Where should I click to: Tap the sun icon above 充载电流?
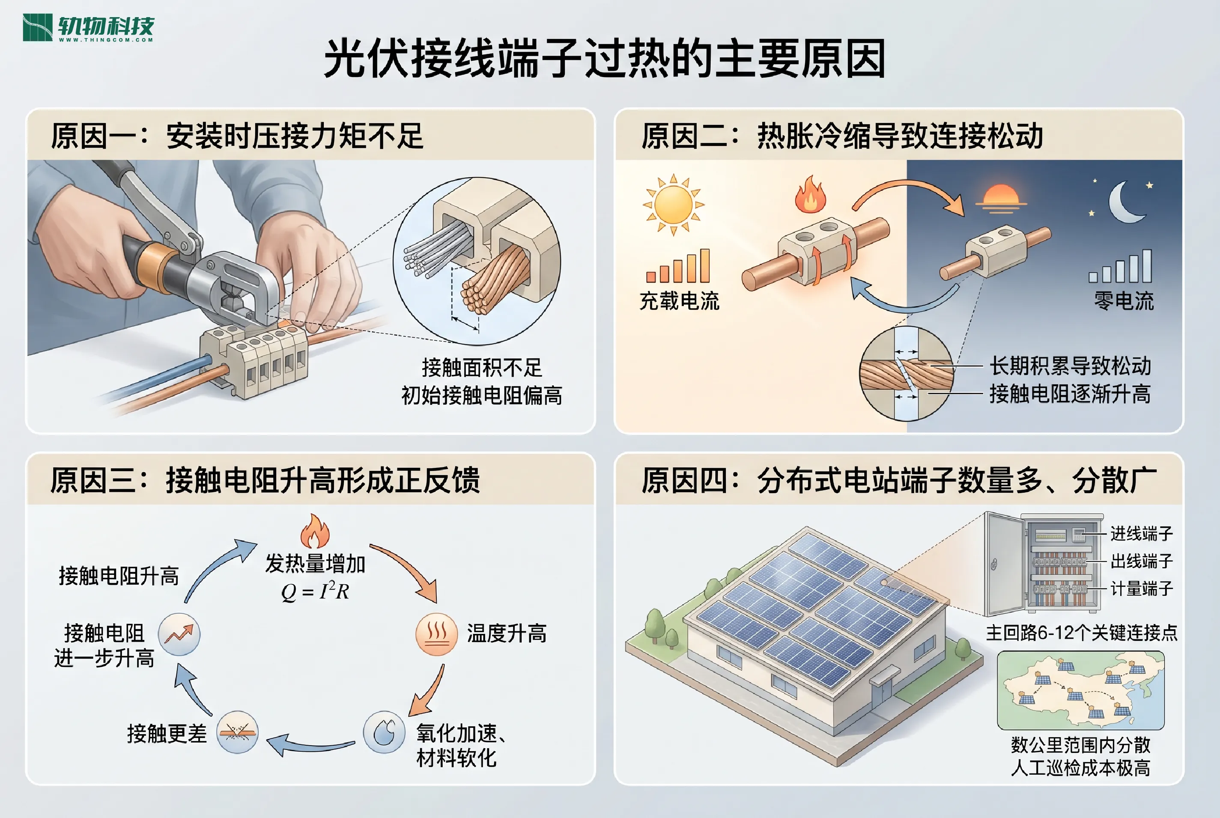[673, 205]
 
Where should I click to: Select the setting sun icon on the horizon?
[1000, 198]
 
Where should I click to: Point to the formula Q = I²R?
[315, 591]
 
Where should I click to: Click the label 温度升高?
[506, 634]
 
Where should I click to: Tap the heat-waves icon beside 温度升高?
[436, 634]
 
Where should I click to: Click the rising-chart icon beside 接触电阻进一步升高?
[179, 634]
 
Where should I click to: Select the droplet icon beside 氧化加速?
[384, 732]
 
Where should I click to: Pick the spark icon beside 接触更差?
[237, 732]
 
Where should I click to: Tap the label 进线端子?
[1141, 534]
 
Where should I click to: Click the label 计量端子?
[1141, 589]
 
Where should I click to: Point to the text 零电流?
[1124, 301]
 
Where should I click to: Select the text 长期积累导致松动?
[1070, 366]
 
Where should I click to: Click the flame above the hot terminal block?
[810, 194]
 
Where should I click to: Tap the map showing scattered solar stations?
[1080, 690]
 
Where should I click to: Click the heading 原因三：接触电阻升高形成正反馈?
[265, 480]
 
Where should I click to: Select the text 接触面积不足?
[482, 368]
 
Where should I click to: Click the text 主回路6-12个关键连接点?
[1081, 633]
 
